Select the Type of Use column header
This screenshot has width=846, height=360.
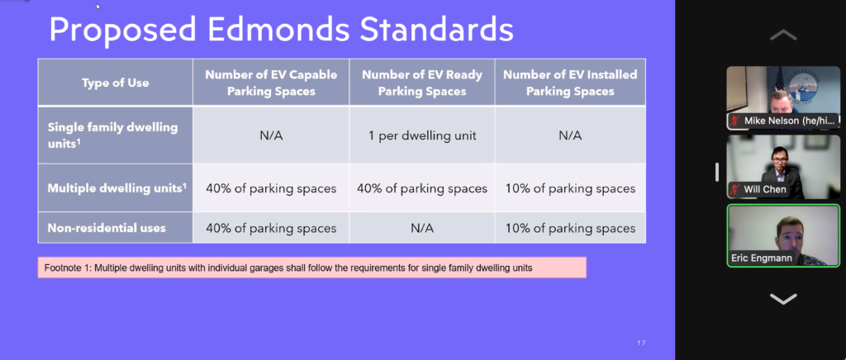click(116, 83)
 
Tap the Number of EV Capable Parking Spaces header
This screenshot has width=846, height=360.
click(271, 83)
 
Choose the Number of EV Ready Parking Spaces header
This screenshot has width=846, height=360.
click(422, 83)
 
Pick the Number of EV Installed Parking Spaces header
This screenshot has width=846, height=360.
click(570, 83)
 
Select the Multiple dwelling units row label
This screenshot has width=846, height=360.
click(116, 188)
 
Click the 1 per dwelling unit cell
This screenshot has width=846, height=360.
click(422, 135)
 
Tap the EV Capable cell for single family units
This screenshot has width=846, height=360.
click(271, 135)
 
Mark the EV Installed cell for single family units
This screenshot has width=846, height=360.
click(570, 135)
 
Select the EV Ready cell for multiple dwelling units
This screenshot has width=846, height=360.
click(422, 188)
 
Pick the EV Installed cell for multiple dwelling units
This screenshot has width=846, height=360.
click(570, 188)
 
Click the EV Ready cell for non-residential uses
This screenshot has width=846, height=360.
click(422, 227)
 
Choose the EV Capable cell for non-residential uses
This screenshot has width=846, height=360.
click(271, 227)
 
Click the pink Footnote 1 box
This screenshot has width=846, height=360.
click(311, 268)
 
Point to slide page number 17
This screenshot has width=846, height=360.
click(641, 343)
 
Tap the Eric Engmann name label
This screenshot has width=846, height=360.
click(761, 258)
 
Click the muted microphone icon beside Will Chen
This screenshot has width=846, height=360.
click(734, 190)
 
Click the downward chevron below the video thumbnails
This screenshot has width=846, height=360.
click(783, 299)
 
